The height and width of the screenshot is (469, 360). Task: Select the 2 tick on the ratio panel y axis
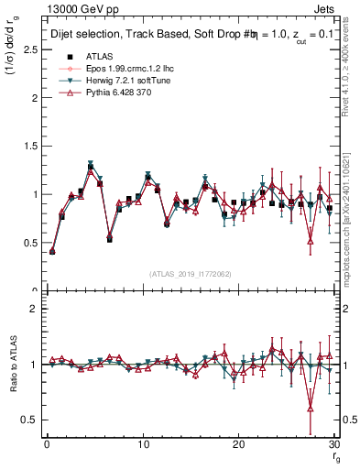pos(36,309)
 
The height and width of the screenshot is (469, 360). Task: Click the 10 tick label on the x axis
pos(142,444)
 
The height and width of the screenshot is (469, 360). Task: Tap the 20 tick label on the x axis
pos(238,444)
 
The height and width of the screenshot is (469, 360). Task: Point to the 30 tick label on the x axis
pos(333,444)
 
